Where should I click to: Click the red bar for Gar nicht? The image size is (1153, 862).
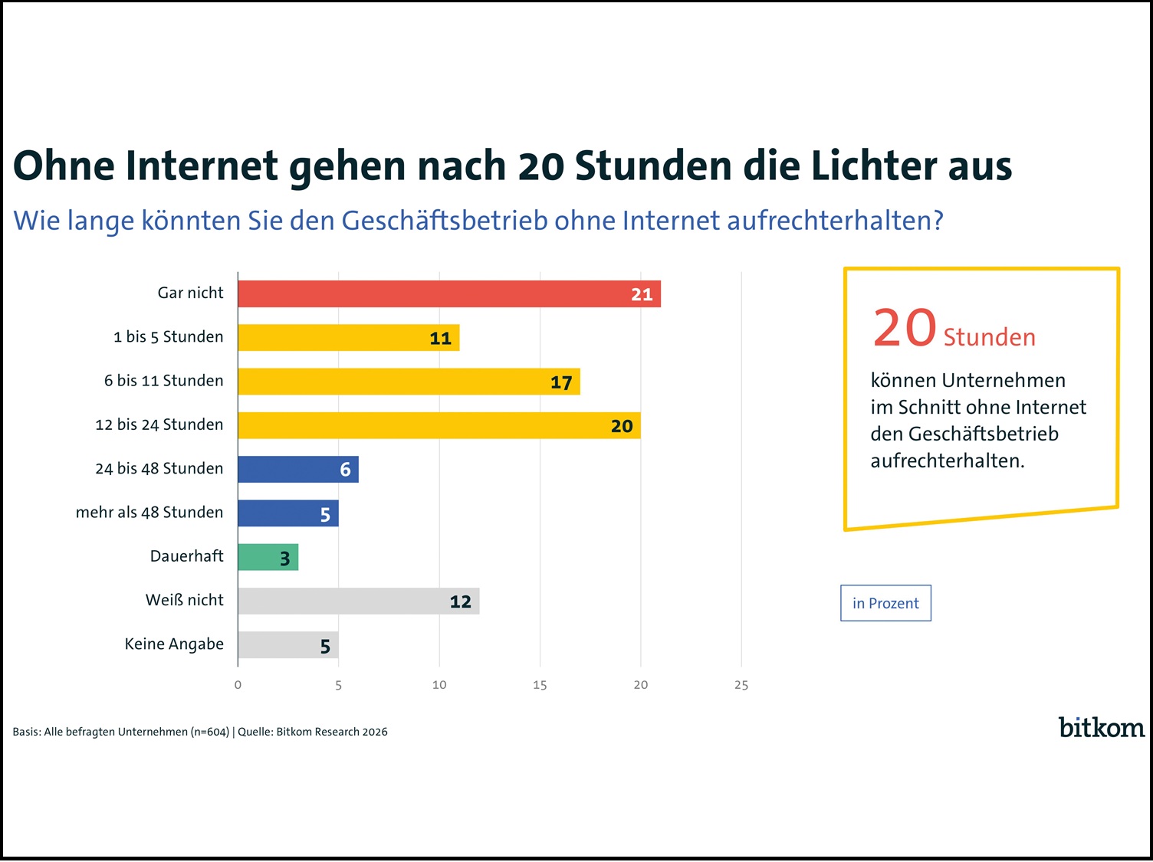pos(448,294)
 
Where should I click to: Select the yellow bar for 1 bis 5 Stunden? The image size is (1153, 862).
pos(348,338)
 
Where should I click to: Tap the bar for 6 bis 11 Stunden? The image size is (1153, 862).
pos(409,382)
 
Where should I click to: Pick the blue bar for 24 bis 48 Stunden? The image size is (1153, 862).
pos(297,469)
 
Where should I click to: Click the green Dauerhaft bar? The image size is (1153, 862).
pos(268,557)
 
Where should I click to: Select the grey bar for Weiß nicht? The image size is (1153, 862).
pos(358,601)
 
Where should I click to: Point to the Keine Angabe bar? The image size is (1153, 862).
pos(287,645)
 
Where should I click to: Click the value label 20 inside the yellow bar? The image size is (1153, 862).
pos(622,426)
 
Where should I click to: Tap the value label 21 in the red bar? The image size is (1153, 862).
pos(642,295)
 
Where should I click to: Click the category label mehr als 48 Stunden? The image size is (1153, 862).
pos(149,513)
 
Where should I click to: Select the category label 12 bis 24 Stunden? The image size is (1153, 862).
pos(159,424)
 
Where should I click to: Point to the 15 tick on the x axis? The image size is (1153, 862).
pos(540,685)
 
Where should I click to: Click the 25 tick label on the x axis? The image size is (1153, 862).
pos(741,685)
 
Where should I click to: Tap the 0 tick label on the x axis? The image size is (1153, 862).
pos(238,685)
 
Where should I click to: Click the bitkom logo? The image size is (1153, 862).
pos(1101,727)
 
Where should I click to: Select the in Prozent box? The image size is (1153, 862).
pos(885,603)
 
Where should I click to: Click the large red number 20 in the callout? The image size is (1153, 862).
pos(905,328)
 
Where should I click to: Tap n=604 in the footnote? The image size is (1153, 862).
pos(210,732)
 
